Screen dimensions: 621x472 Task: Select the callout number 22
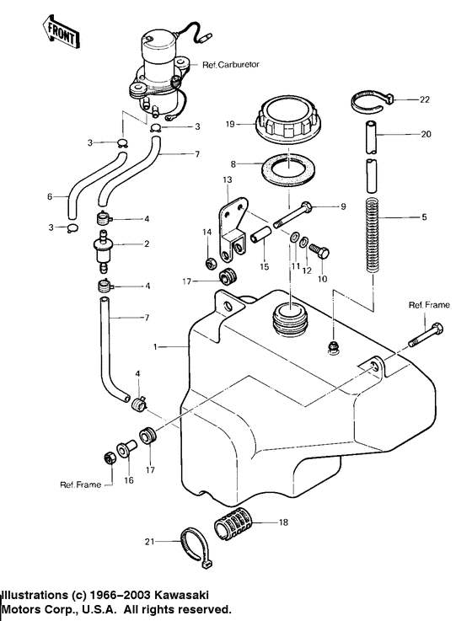[424, 99]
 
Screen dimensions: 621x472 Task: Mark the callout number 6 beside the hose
[51, 196]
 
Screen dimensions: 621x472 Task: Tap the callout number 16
[129, 479]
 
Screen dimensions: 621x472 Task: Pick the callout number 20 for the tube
[425, 133]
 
